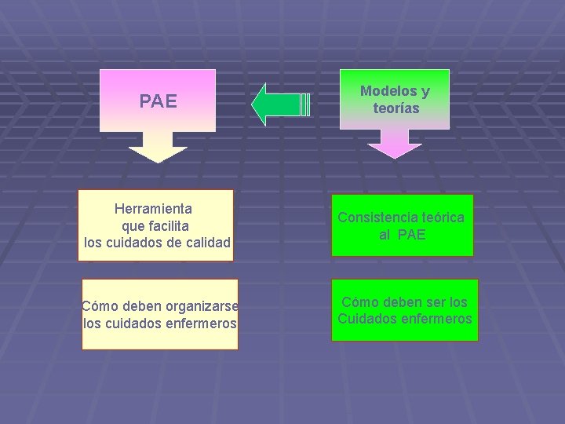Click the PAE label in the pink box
(158, 101)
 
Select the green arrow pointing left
(278, 104)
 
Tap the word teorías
(396, 108)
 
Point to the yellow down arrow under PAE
(158, 148)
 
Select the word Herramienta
(153, 209)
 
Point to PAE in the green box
(412, 234)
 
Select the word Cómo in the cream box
(99, 306)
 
